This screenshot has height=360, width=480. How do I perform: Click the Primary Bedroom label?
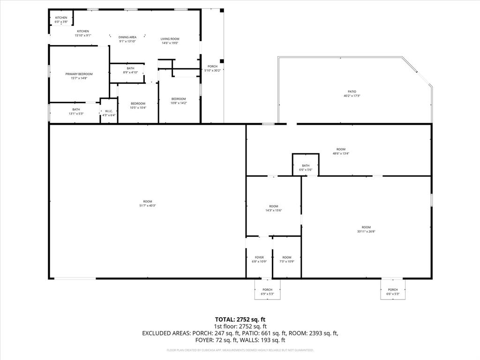click(x=79, y=74)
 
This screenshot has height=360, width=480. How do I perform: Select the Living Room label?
click(x=170, y=39)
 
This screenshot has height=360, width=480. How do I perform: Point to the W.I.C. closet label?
click(x=109, y=111)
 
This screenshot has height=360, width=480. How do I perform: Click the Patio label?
click(x=352, y=91)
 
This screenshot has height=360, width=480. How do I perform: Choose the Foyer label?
click(x=259, y=257)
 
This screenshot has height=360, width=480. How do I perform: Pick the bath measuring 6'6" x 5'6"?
click(x=306, y=167)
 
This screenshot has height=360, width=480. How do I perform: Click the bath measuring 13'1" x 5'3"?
click(x=76, y=112)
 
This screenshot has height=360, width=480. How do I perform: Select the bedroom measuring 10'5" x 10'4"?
click(x=138, y=105)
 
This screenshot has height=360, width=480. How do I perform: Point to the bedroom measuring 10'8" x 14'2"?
click(x=179, y=101)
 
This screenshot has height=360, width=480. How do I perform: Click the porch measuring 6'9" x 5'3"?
click(x=267, y=292)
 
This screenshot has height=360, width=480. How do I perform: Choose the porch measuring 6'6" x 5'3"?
click(x=393, y=292)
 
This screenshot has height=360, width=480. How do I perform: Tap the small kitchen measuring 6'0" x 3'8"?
click(x=61, y=20)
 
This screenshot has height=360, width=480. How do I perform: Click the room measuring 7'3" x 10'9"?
click(x=287, y=259)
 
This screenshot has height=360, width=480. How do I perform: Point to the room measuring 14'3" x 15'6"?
click(x=274, y=208)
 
